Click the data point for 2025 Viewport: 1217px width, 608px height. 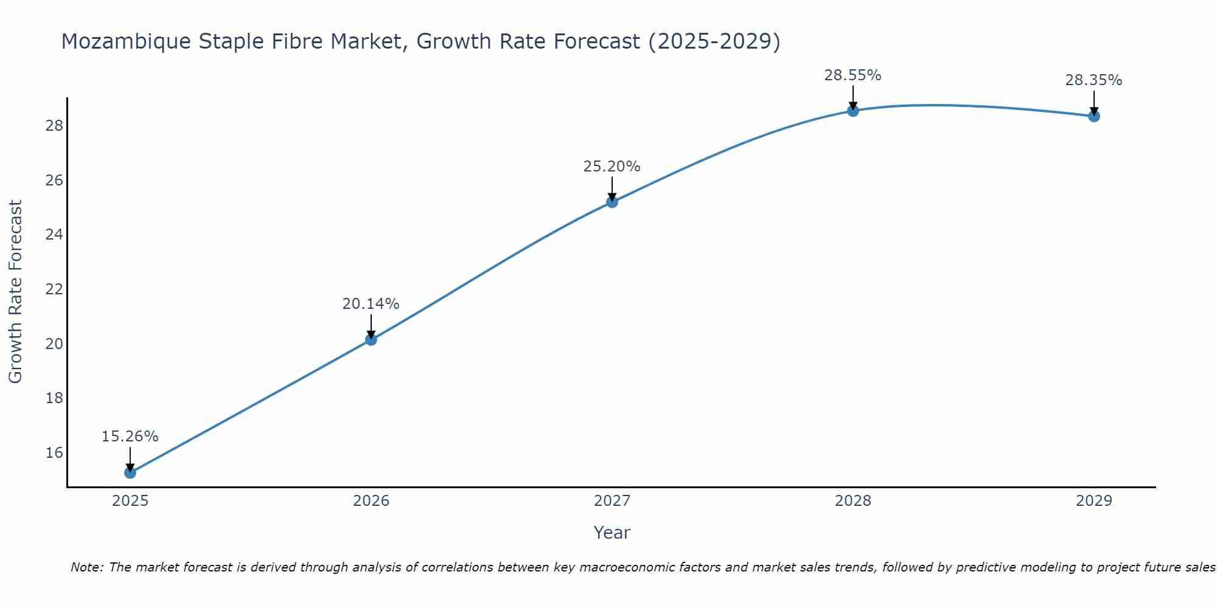tap(130, 472)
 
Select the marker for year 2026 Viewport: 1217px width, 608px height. tap(371, 340)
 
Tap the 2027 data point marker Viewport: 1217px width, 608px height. tap(612, 202)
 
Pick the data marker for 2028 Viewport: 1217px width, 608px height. tap(853, 111)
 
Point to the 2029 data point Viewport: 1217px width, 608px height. tap(1094, 116)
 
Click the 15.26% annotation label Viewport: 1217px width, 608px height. tap(130, 437)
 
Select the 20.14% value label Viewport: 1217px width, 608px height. tap(371, 304)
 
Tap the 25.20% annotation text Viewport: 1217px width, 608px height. tap(612, 167)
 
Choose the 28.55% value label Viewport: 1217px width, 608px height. tap(853, 75)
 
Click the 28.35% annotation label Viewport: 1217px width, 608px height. tap(1094, 80)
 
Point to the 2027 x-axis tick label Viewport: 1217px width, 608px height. tap(612, 501)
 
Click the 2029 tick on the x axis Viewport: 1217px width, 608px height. tap(1094, 501)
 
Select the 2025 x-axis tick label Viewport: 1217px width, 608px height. tap(130, 501)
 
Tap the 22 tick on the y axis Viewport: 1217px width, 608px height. tap(54, 289)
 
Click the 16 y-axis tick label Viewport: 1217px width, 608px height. tap(54, 453)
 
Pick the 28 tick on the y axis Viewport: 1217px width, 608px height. tap(54, 126)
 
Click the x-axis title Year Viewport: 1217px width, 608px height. tap(612, 533)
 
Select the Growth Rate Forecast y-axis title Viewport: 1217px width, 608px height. tap(16, 292)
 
